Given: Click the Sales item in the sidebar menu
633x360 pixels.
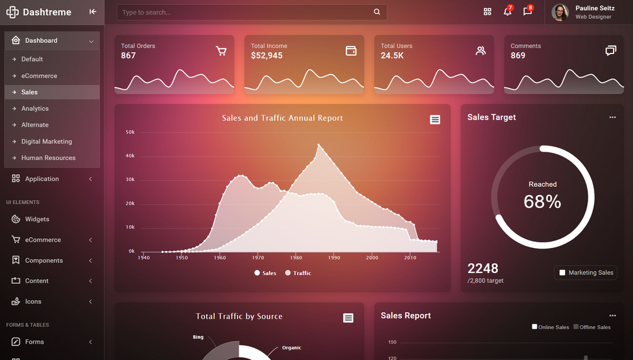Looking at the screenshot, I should click(30, 92).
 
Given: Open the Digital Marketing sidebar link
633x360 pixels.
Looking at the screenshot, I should click(47, 142).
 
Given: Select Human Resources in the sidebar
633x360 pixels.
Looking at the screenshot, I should click(48, 158).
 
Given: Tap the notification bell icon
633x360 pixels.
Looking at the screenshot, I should click(507, 12).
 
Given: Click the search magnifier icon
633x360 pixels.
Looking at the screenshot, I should click(377, 12).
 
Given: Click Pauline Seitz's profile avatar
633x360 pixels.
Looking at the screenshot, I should click(560, 12).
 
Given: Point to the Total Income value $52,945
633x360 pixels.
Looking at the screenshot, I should click(266, 55).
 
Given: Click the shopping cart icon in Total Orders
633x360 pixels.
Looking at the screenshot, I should click(221, 51).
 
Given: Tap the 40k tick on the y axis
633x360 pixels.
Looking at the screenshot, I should click(130, 156).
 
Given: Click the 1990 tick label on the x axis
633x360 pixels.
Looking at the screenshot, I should click(334, 257).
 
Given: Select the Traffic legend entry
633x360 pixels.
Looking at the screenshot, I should click(298, 273).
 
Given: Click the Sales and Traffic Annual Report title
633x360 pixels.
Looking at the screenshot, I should click(282, 118).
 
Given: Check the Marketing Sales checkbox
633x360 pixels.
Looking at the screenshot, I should click(562, 273).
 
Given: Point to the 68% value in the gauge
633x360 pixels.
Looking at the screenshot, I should click(542, 201).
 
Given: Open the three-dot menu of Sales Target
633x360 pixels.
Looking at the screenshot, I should click(612, 118).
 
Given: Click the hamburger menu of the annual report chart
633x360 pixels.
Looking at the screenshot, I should click(435, 120).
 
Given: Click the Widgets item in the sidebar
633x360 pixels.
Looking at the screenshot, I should click(37, 219).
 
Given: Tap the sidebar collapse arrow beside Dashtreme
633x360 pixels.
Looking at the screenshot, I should click(93, 12).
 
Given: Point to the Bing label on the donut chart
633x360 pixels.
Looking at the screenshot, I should click(198, 337).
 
